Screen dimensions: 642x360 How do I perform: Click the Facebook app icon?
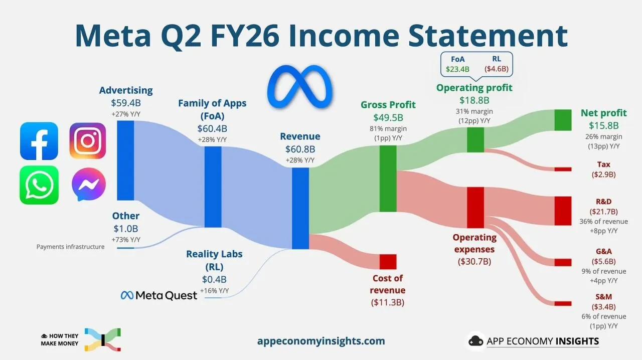(39, 141)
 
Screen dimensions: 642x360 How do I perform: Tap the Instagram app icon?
(88, 141)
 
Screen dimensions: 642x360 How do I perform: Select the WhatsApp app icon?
(39, 185)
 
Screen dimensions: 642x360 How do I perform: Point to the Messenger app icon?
(89, 185)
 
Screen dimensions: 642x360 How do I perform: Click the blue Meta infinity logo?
(300, 87)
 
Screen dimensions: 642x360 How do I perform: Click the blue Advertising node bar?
(125, 160)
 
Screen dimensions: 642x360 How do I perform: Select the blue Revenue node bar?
(300, 209)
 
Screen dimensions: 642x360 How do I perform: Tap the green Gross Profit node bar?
(388, 178)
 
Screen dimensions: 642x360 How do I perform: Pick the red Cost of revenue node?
(388, 262)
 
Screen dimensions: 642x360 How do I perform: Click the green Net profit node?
(563, 120)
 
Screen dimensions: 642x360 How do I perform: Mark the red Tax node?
(563, 169)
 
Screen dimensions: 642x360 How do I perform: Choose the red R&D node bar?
(563, 211)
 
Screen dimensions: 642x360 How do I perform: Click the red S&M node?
(563, 303)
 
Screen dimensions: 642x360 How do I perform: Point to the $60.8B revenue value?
(300, 149)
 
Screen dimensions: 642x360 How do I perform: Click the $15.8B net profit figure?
(603, 125)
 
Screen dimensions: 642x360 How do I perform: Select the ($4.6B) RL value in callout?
(497, 69)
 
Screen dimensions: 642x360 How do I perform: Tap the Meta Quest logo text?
(159, 295)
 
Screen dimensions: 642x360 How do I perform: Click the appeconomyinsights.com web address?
(321, 341)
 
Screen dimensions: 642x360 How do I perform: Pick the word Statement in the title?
(488, 36)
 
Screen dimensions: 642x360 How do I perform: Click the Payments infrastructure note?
(71, 247)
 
